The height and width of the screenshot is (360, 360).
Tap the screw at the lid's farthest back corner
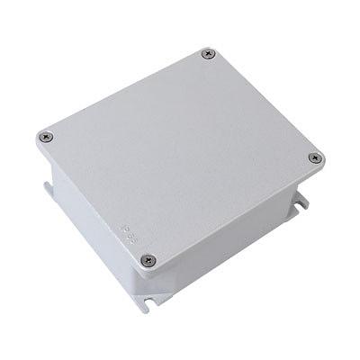click(x=210, y=54)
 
